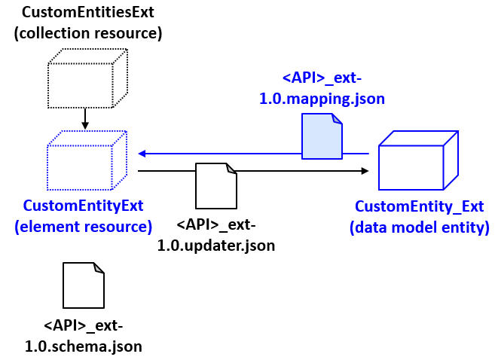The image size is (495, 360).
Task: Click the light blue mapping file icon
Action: tap(322, 136)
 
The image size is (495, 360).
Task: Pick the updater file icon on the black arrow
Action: tap(216, 186)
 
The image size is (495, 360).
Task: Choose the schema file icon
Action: tap(83, 285)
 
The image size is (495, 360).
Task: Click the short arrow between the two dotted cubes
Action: tap(85, 118)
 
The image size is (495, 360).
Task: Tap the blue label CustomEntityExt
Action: tap(84, 206)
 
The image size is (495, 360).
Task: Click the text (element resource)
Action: tap(84, 226)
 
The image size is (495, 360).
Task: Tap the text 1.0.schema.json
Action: tap(83, 346)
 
